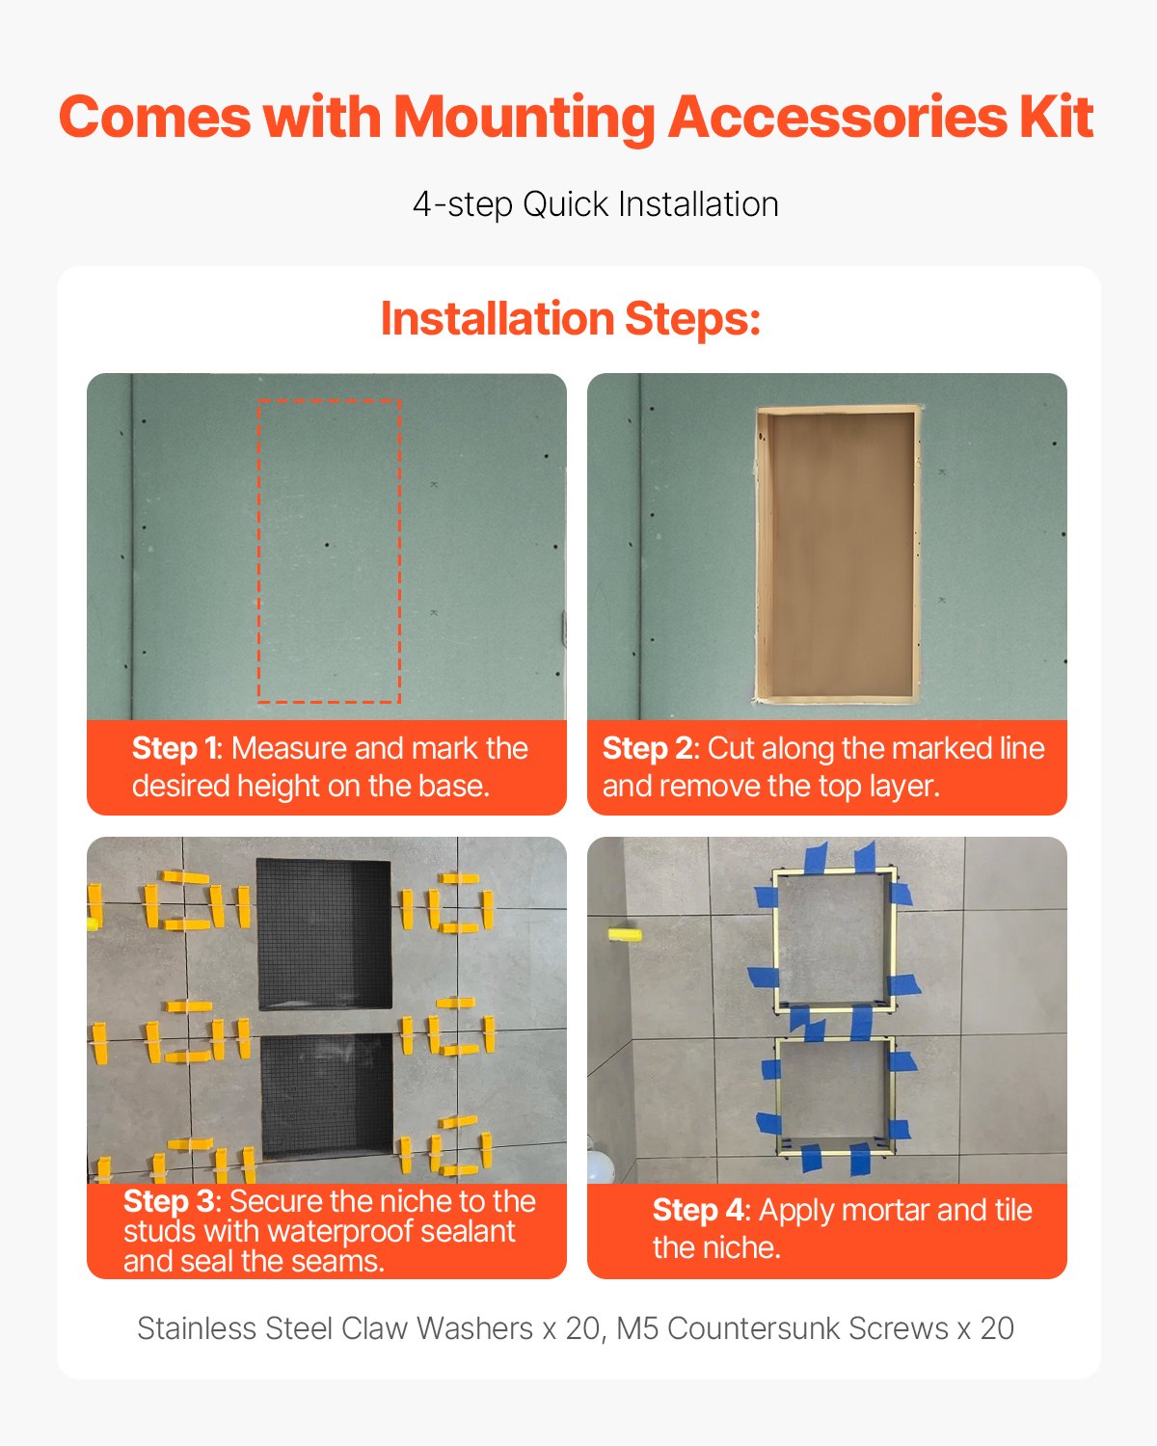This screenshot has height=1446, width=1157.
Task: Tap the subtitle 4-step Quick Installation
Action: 595,204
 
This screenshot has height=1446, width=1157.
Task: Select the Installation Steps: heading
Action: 571,318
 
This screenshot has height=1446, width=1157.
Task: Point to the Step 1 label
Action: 175,748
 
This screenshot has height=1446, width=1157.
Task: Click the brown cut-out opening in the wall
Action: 836,554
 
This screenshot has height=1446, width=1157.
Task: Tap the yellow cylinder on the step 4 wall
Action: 624,933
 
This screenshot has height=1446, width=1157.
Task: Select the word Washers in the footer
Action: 474,1328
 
